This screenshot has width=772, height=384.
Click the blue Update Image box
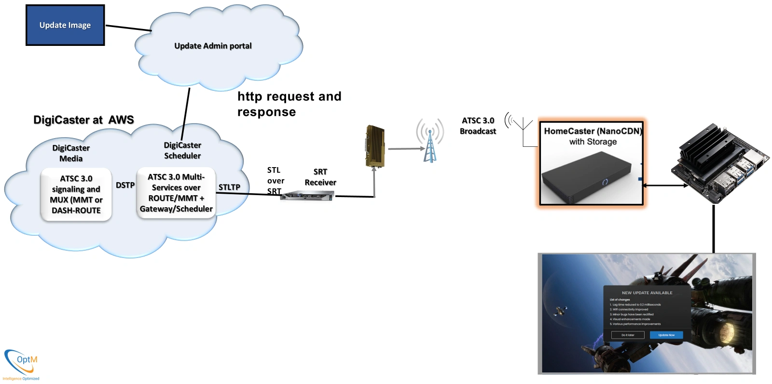[65, 26]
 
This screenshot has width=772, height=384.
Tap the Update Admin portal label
[213, 46]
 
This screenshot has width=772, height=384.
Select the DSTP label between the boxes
[125, 185]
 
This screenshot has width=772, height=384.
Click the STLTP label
[229, 187]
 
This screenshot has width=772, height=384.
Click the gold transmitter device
[375, 146]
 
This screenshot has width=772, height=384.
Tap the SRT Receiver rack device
[308, 196]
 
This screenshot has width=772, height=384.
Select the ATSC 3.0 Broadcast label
[478, 126]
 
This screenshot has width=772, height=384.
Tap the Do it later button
[628, 335]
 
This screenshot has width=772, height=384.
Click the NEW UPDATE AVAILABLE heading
[647, 293]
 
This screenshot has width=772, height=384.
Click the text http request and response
[289, 104]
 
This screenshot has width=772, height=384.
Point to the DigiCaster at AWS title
[83, 120]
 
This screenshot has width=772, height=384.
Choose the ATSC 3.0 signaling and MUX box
[76, 194]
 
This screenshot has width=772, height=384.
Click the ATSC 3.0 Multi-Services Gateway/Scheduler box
[176, 193]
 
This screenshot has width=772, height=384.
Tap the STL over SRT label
[275, 181]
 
